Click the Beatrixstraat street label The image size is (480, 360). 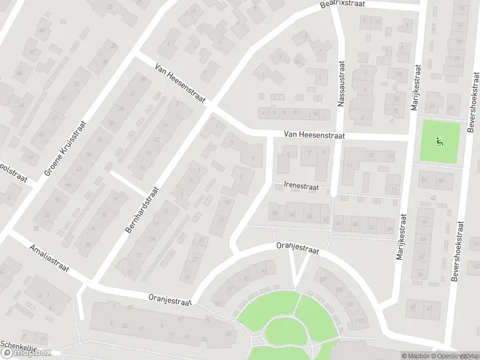pyautogui.click(x=342, y=4)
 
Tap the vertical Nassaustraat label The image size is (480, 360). pyautogui.click(x=341, y=83)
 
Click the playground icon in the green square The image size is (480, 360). pyautogui.click(x=439, y=142)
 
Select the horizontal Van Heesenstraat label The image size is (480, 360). pyautogui.click(x=315, y=136)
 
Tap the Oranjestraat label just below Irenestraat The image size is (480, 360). pyautogui.click(x=297, y=247)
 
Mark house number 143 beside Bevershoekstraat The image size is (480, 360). pyautogui.click(x=475, y=265)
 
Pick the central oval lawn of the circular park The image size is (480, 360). pyautogui.click(x=286, y=332)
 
